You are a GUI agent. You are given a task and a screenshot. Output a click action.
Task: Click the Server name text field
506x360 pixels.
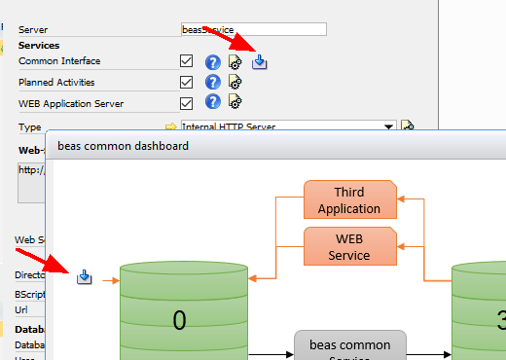(253, 29)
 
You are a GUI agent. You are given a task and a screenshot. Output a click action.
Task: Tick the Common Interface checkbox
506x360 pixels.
(187, 61)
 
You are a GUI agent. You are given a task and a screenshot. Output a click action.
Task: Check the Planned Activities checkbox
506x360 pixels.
(187, 83)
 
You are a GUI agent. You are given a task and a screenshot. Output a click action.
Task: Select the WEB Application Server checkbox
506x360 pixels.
(187, 103)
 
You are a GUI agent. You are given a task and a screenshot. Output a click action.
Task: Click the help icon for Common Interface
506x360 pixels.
(212, 61)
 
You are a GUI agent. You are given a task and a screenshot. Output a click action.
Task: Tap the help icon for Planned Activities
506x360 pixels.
(212, 83)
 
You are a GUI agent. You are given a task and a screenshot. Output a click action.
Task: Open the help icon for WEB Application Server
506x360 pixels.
(212, 103)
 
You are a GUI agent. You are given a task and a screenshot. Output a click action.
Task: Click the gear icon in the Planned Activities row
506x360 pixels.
(235, 83)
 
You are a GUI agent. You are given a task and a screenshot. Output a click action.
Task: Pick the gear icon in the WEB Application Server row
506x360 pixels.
(235, 103)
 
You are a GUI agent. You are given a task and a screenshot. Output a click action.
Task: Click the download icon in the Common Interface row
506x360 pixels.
(260, 62)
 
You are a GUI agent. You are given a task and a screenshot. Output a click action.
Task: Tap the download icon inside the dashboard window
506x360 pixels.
(85, 278)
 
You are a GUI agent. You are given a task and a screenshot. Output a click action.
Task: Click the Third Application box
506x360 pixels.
(349, 200)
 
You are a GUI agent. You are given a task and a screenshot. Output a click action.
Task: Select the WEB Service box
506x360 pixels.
(349, 247)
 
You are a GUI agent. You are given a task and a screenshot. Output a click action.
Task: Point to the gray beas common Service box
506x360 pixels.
(349, 345)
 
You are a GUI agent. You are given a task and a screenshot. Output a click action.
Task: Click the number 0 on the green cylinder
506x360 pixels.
(179, 319)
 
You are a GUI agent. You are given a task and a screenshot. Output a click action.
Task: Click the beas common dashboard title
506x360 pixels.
(123, 146)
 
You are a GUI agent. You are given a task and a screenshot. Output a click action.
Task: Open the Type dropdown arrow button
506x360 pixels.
(389, 126)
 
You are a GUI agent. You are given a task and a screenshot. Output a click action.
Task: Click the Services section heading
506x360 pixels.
(39, 45)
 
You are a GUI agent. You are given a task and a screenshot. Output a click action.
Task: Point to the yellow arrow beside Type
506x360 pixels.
(170, 126)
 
